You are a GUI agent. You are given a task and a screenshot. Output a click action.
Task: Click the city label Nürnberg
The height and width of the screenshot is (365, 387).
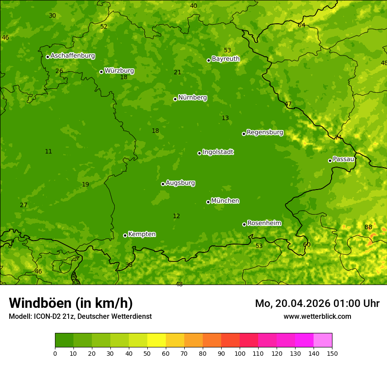192,98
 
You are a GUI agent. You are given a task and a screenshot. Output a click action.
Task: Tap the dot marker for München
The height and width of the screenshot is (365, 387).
208,202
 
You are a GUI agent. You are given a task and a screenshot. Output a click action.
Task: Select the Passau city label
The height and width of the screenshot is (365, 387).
343,159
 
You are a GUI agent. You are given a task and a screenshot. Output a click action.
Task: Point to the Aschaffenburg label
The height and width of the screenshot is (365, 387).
73,56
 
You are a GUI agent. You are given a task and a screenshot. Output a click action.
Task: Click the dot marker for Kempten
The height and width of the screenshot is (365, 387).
125,235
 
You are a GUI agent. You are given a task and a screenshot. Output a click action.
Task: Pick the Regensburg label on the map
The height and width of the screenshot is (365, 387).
265,132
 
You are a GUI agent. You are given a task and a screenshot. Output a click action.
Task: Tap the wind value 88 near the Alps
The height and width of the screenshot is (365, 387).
368,227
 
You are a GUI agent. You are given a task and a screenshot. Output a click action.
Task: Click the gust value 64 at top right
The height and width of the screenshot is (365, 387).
301,25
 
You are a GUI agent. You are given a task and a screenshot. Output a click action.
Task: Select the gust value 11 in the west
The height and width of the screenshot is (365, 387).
48,151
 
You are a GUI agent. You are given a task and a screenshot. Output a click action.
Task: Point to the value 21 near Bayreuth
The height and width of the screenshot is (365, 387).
177,72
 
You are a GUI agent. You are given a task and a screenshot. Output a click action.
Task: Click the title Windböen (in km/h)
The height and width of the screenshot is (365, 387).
70,303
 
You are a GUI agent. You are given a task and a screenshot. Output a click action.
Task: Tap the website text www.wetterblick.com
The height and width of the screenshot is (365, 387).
317,316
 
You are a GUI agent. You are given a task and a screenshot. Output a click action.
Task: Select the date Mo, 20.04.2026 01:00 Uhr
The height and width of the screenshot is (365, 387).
317,303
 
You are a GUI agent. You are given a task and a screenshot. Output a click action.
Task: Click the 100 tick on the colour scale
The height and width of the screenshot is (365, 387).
240,353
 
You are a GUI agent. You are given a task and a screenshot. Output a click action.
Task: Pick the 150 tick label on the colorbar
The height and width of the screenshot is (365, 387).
332,353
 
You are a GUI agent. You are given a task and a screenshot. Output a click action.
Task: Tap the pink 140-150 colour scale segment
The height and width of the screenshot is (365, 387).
323,340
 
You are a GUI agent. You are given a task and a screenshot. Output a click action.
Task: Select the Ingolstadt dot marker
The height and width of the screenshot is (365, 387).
199,153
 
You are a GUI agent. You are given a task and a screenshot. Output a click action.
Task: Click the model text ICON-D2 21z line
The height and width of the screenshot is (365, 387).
80,316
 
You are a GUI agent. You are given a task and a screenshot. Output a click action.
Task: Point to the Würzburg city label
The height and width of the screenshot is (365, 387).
119,71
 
